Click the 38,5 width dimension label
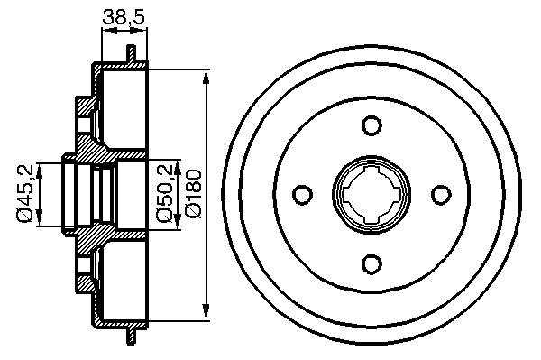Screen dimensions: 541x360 tap(124, 16)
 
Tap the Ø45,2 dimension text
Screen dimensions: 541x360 tap(26, 194)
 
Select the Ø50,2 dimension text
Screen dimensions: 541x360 tap(164, 193)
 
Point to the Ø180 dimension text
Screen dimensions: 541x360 tap(193, 193)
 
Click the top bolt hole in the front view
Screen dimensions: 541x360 tap(371, 125)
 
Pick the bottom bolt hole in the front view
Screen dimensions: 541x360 tap(371, 264)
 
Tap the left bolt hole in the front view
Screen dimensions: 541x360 tap(302, 194)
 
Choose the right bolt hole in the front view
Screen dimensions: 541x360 tap(441, 194)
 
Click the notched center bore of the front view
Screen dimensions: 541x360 tap(371, 194)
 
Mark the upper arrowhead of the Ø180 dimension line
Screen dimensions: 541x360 tap(206, 77)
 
